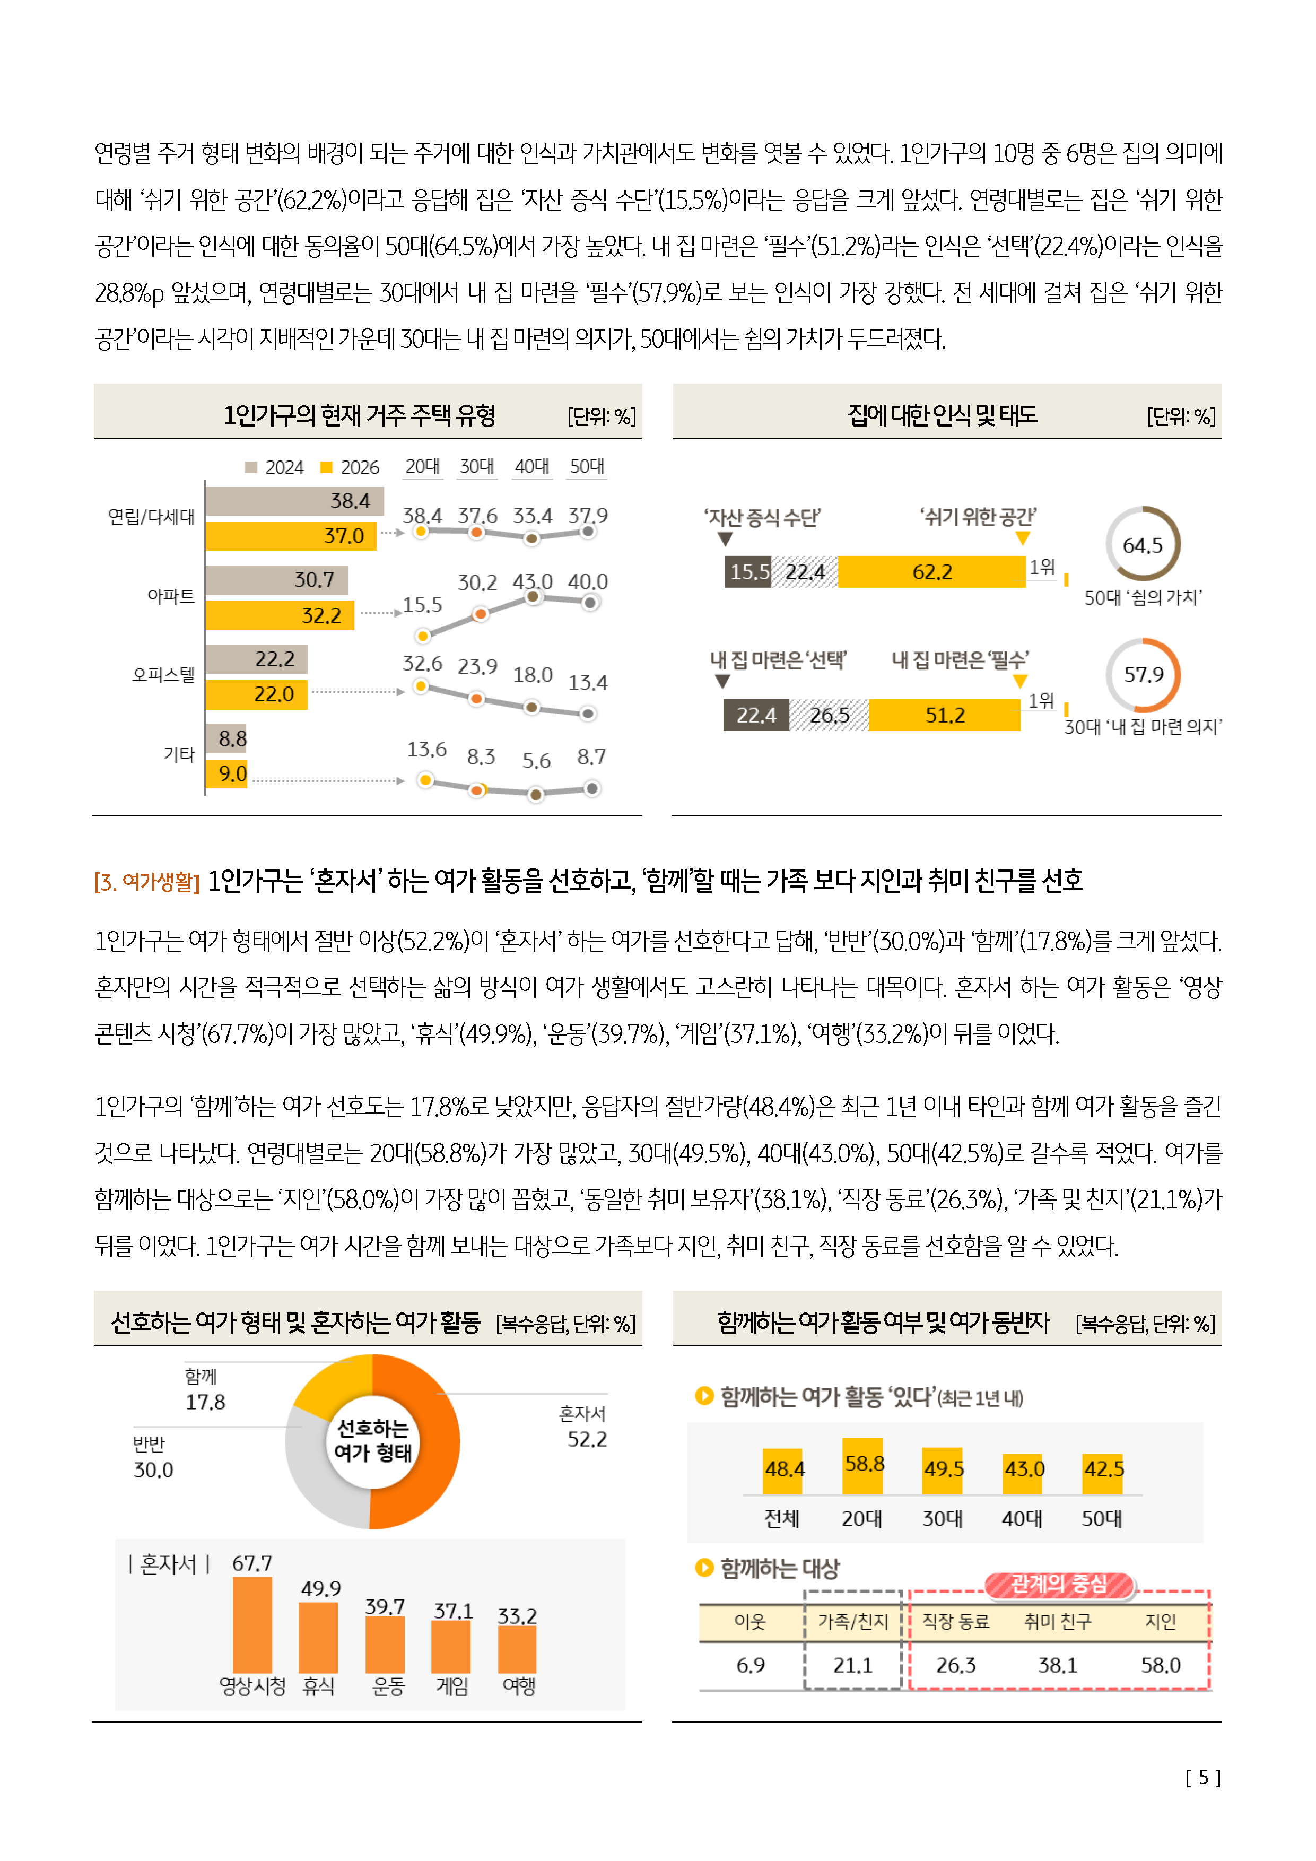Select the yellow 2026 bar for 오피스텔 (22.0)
pos(256,694)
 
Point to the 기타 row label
pos(179,754)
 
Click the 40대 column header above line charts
pos(531,467)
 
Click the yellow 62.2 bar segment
pos(932,571)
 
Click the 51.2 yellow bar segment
pos(945,715)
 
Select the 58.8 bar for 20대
pos(863,1465)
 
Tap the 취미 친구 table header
pos(1058,1621)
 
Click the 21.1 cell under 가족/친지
pos(852,1665)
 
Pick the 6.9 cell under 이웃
pos(751,1665)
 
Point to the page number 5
pos(1204,1778)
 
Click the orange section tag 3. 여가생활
pos(147,881)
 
